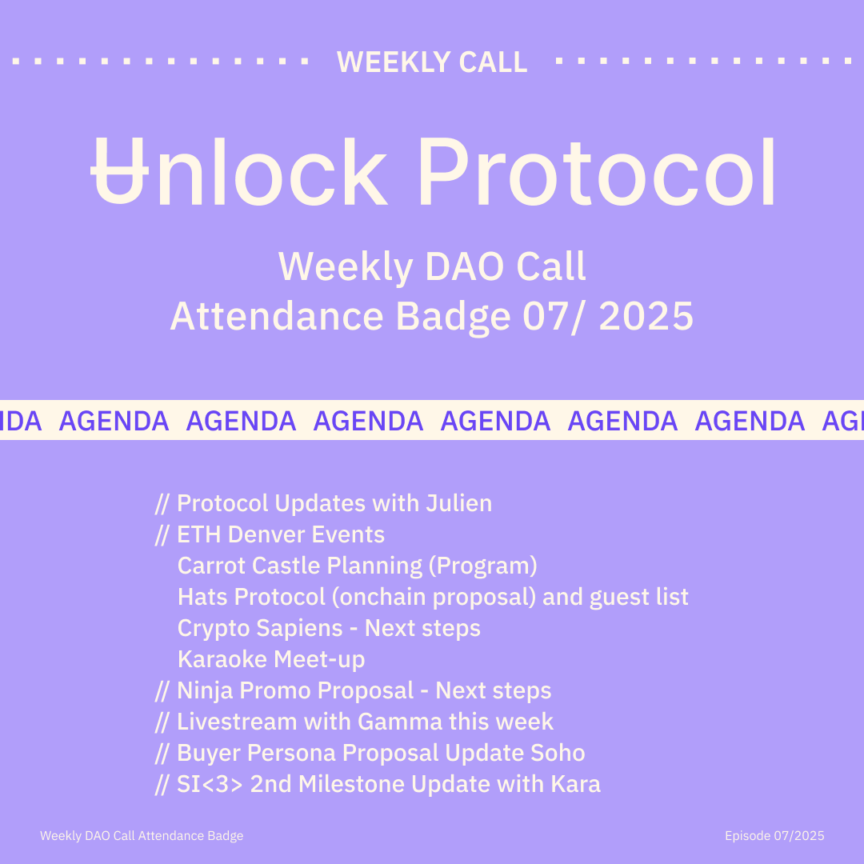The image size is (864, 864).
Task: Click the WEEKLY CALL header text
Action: click(x=432, y=62)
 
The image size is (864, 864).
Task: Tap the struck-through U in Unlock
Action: click(x=119, y=171)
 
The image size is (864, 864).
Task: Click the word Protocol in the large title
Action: click(x=597, y=171)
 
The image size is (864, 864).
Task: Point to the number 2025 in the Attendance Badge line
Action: click(x=646, y=316)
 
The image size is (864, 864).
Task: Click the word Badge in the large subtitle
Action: click(x=453, y=318)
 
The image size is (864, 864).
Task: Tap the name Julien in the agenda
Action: click(x=458, y=503)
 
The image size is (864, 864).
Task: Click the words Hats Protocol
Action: click(x=251, y=597)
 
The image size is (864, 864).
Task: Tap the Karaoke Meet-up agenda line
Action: click(x=271, y=659)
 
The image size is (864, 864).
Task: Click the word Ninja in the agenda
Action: click(x=205, y=691)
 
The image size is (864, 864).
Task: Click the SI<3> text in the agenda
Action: click(x=210, y=785)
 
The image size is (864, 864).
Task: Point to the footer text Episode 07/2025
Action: click(x=774, y=836)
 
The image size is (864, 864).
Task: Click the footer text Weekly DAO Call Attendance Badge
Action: click(x=142, y=836)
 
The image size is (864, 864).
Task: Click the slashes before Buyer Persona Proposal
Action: click(x=162, y=754)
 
